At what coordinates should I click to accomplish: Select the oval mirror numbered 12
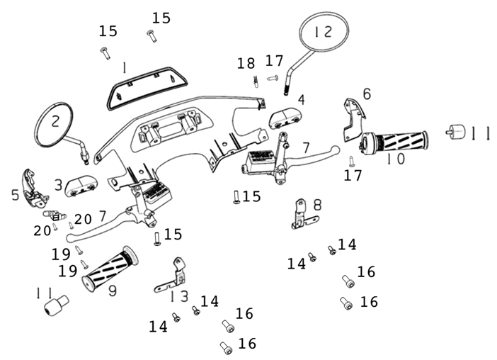pos(325,32)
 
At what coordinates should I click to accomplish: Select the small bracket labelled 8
pos(301,214)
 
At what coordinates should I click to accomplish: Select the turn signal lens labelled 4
pos(285,116)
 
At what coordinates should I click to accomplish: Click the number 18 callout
pos(246,64)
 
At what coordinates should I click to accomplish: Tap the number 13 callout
pos(180,296)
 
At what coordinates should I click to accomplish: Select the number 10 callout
pos(396,159)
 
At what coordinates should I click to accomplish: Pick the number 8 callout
pos(317,206)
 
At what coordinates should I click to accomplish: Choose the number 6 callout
pos(366,94)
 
